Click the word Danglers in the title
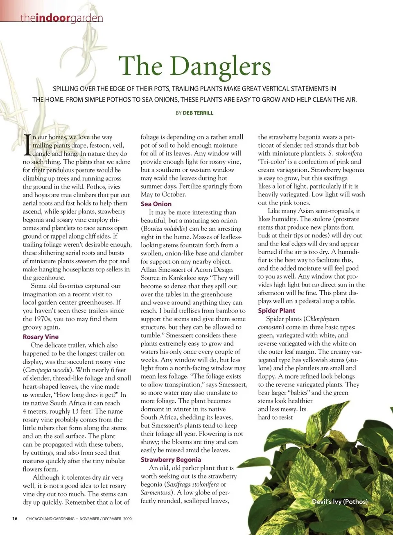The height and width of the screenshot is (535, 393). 220,66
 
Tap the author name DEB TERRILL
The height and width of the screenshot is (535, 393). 198,113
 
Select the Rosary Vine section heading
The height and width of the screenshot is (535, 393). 41,337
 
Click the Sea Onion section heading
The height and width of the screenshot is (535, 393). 156,204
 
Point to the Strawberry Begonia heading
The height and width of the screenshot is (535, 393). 171,460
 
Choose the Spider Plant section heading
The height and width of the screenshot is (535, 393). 276,310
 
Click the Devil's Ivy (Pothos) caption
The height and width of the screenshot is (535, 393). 340,501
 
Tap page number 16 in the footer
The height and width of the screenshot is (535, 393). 15,519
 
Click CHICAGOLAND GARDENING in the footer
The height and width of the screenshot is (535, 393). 50,519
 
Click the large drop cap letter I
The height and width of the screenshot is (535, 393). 27,145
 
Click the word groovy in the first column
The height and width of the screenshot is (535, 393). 32,327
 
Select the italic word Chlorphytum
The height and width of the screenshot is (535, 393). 322,319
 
